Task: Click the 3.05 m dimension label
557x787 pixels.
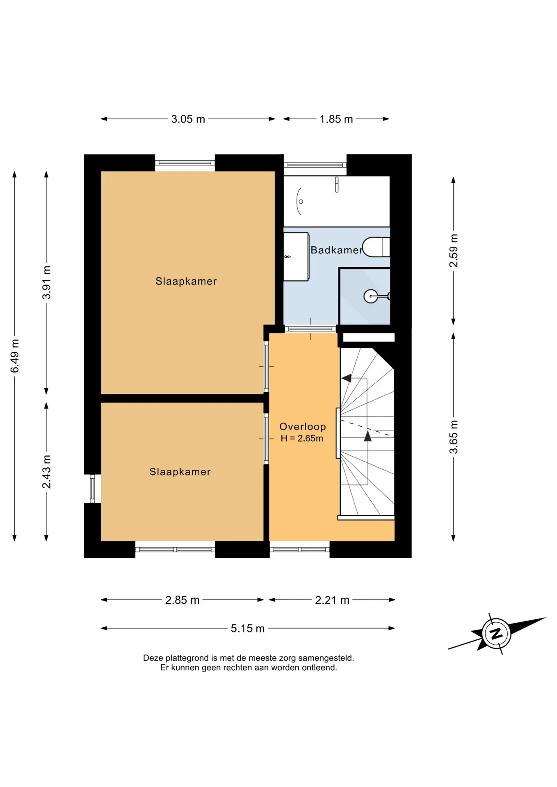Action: click(188, 119)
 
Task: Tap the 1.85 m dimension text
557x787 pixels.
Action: click(336, 119)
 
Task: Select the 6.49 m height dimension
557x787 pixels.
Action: click(15, 356)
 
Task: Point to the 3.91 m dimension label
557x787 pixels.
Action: click(47, 282)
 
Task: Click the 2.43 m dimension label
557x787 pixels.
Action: click(47, 472)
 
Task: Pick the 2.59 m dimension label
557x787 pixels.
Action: click(454, 251)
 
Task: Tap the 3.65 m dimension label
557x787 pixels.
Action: click(454, 437)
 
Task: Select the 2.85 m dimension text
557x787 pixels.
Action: click(182, 600)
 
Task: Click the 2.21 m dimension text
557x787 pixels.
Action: click(332, 600)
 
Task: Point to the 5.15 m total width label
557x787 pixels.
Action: click(248, 628)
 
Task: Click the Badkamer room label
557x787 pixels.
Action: click(337, 250)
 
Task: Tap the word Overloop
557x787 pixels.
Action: click(303, 427)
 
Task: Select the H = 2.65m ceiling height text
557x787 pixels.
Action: click(302, 438)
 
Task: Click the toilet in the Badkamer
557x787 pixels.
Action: click(376, 247)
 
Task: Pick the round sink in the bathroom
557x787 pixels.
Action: click(371, 296)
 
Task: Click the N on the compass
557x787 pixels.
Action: click(496, 634)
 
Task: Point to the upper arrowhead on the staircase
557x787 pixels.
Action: click(347, 378)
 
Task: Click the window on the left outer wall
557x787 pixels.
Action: click(93, 489)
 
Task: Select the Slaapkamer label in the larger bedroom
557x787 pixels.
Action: click(186, 281)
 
